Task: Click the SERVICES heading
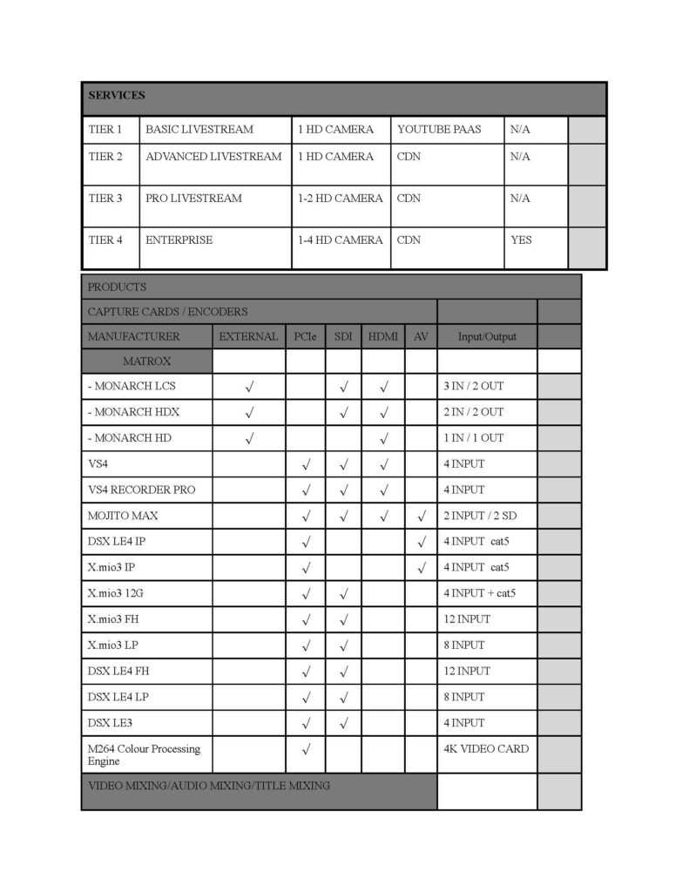click(117, 95)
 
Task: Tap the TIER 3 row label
click(105, 199)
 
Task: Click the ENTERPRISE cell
click(179, 240)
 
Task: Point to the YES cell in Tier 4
click(521, 240)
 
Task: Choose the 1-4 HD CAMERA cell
click(340, 240)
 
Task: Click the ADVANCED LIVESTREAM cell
click(213, 157)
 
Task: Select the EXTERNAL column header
click(248, 336)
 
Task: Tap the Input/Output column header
click(487, 336)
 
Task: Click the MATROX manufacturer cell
click(146, 361)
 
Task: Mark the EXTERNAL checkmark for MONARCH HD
click(249, 438)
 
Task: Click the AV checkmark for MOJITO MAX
click(421, 517)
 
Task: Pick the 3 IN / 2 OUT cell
click(473, 386)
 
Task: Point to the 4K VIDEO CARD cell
click(485, 749)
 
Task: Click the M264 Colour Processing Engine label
click(144, 754)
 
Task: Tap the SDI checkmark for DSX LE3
click(343, 723)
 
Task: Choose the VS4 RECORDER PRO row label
click(141, 490)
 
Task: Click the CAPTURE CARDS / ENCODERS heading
click(167, 311)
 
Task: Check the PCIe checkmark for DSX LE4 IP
click(307, 543)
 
